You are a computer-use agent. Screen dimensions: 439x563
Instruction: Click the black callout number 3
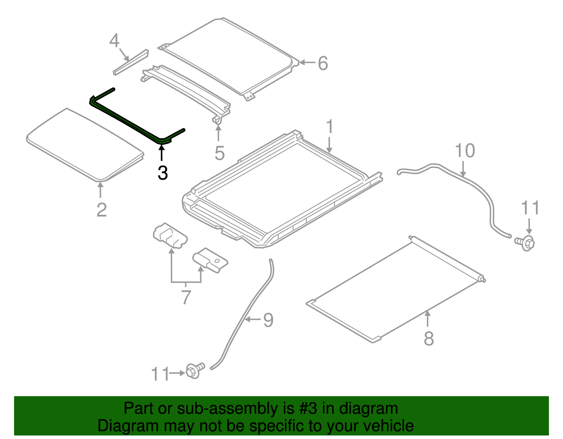pyautogui.click(x=162, y=173)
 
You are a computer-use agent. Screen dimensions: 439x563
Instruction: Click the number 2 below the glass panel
pyautogui.click(x=101, y=210)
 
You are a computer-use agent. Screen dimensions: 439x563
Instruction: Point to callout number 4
pyautogui.click(x=114, y=41)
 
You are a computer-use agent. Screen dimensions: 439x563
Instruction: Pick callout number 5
pyautogui.click(x=220, y=153)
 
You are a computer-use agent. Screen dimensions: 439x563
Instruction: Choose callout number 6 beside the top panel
pyautogui.click(x=323, y=64)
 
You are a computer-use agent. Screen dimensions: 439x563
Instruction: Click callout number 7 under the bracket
pyautogui.click(x=186, y=297)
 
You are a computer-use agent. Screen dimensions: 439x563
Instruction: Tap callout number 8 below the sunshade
pyautogui.click(x=429, y=338)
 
